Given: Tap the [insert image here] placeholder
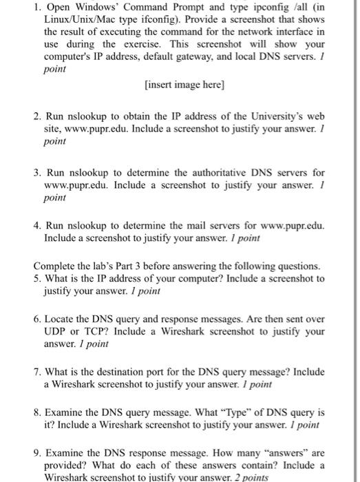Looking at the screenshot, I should [x=185, y=86].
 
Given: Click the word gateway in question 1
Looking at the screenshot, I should [x=225, y=55].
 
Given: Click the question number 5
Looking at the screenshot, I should [x=37, y=279].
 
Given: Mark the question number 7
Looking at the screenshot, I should [x=37, y=372].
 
